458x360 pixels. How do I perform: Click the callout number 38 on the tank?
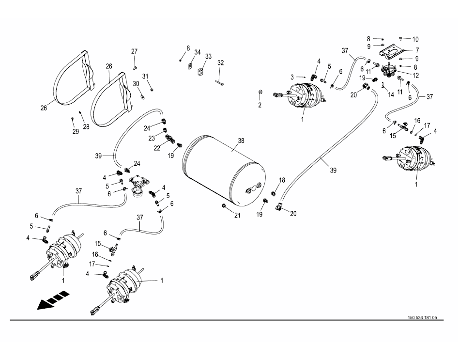(241, 141)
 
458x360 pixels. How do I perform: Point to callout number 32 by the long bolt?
(220, 63)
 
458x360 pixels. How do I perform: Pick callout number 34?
(198, 52)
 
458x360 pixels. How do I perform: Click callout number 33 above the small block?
(208, 56)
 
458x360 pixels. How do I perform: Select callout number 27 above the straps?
(134, 51)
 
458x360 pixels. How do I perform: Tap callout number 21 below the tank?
(237, 216)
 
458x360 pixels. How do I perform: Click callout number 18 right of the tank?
(282, 180)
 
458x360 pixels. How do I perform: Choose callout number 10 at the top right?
(415, 39)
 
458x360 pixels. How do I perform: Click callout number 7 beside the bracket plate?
(417, 50)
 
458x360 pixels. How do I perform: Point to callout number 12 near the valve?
(415, 75)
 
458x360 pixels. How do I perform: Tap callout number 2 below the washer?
(260, 105)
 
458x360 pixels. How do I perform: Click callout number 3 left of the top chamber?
(292, 77)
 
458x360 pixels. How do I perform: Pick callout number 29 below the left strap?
(75, 131)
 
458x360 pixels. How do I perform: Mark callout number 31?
(145, 77)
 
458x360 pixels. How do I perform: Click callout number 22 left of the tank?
(157, 148)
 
